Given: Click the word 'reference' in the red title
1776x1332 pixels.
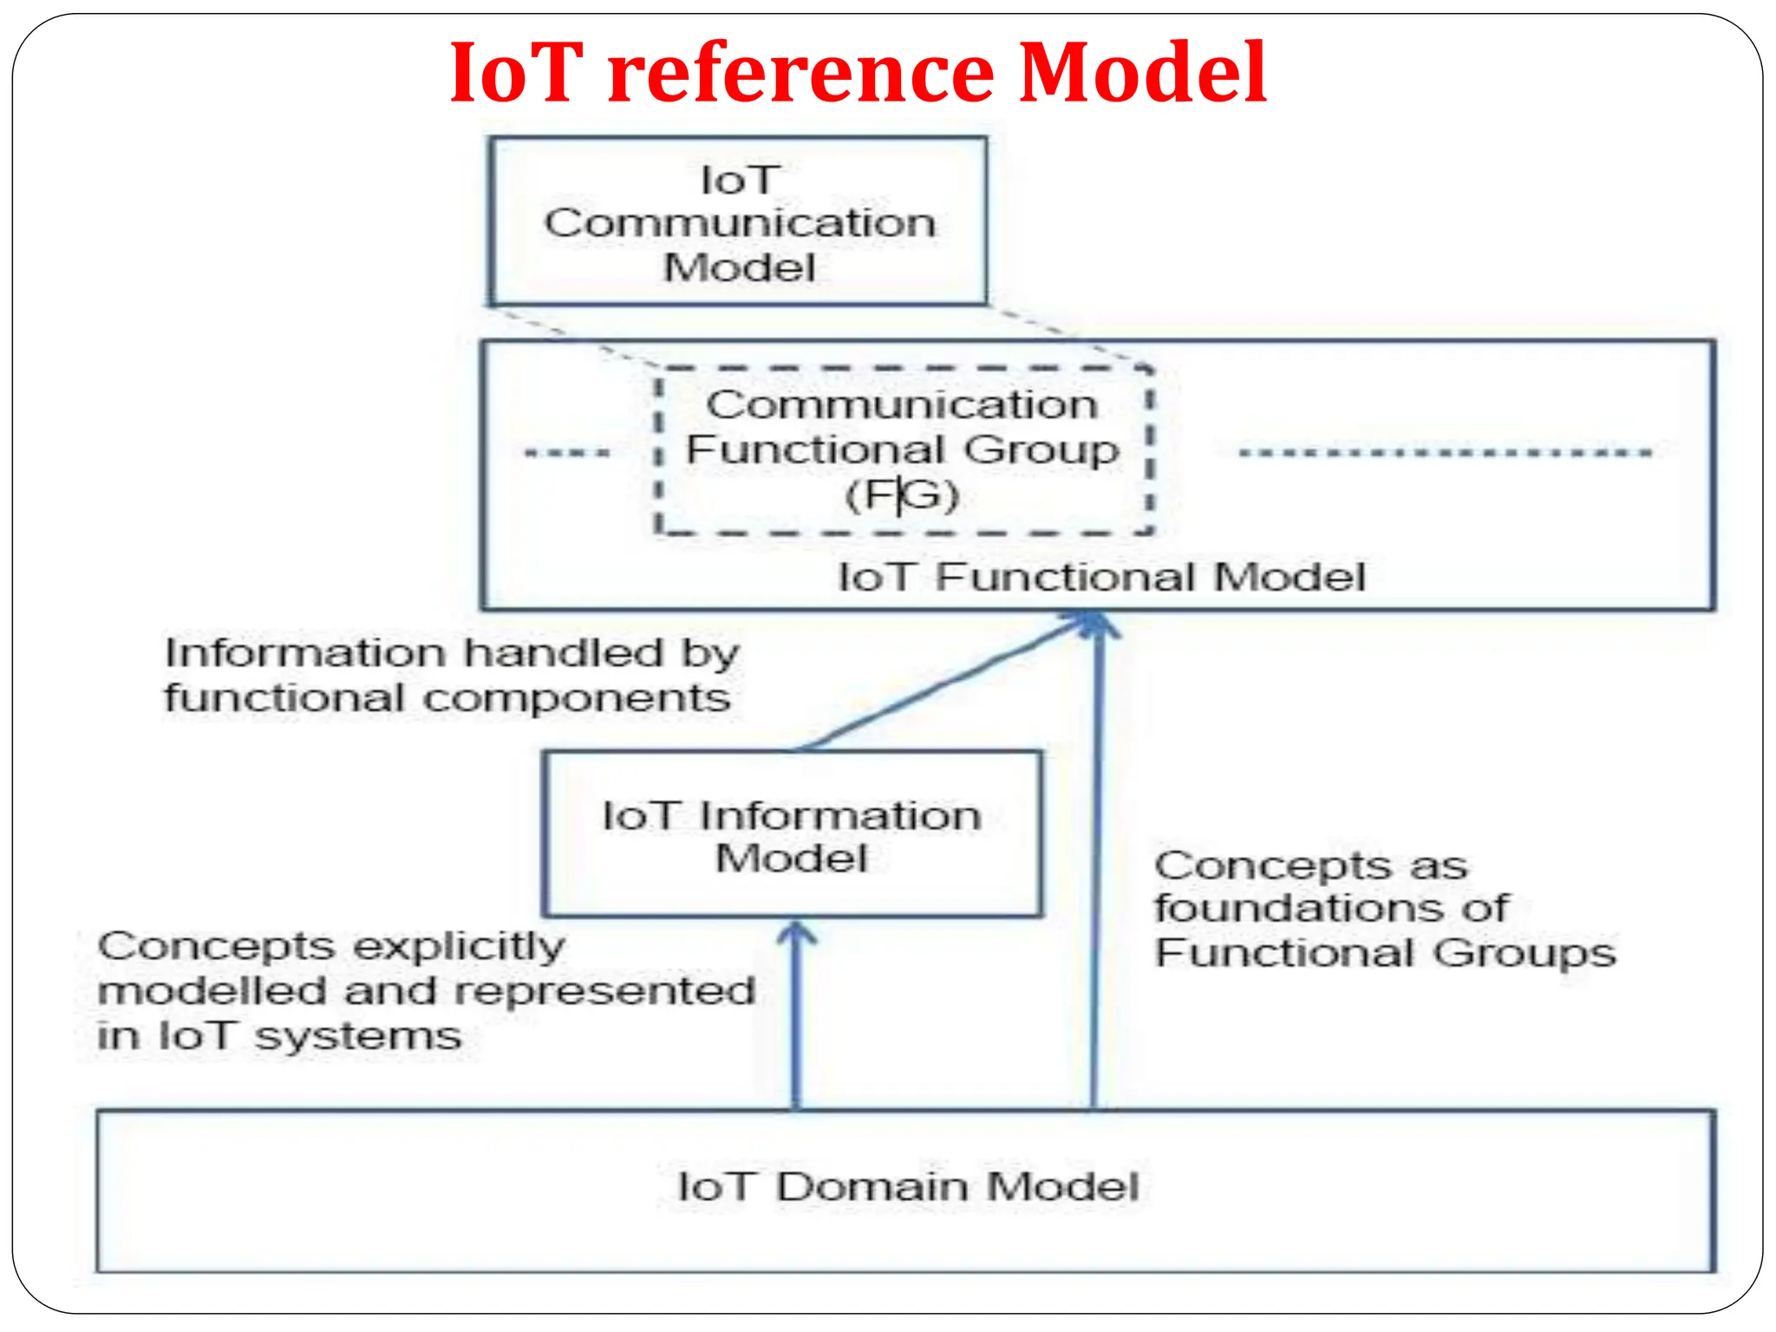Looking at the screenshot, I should [x=800, y=73].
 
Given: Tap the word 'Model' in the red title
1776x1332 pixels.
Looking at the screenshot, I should [x=1142, y=73].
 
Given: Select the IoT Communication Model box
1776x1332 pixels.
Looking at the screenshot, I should [x=739, y=221].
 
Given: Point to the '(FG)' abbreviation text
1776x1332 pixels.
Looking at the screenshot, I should [x=902, y=495].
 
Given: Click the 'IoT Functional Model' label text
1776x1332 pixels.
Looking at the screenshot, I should [x=1101, y=578].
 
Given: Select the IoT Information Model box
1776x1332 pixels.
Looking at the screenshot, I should [x=791, y=834].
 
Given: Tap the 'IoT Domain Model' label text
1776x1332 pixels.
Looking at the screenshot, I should [x=907, y=1186].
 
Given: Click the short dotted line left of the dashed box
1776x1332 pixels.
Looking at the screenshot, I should [x=568, y=453].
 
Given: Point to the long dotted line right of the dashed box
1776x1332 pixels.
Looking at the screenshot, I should [x=1444, y=453].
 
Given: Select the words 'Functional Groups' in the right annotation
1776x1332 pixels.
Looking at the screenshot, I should [x=1385, y=953].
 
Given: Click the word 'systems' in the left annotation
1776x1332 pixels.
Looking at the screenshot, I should [x=357, y=1036].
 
